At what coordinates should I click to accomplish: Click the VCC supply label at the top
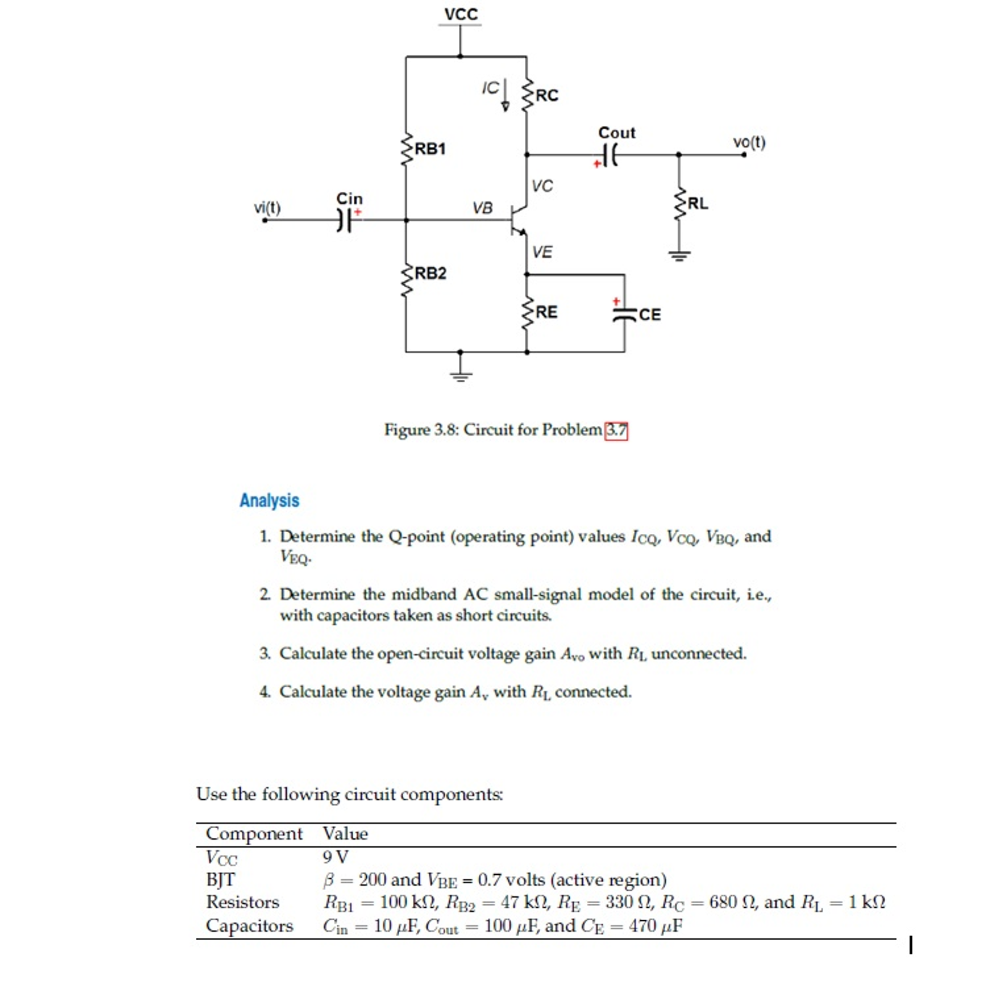pyautogui.click(x=460, y=14)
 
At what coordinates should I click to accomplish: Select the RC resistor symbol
pyautogui.click(x=526, y=95)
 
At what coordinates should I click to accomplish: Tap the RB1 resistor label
pyautogui.click(x=430, y=149)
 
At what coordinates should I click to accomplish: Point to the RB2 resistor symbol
pyautogui.click(x=407, y=281)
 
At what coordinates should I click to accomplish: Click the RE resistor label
pyautogui.click(x=546, y=312)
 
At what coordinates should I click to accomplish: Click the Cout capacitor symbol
pyautogui.click(x=610, y=155)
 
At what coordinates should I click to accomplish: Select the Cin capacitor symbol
pyautogui.click(x=345, y=220)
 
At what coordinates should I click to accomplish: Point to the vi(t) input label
pyautogui.click(x=267, y=208)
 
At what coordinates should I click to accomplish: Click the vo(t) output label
pyautogui.click(x=749, y=142)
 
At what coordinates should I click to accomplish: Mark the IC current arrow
pyautogui.click(x=505, y=95)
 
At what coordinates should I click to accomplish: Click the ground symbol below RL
pyautogui.click(x=679, y=254)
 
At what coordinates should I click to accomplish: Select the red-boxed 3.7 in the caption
pyautogui.click(x=616, y=430)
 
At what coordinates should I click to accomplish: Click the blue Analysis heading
pyautogui.click(x=269, y=500)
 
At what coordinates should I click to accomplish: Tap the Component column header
pyautogui.click(x=254, y=834)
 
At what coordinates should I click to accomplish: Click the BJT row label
pyautogui.click(x=220, y=879)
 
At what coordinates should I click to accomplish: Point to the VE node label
pyautogui.click(x=542, y=252)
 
